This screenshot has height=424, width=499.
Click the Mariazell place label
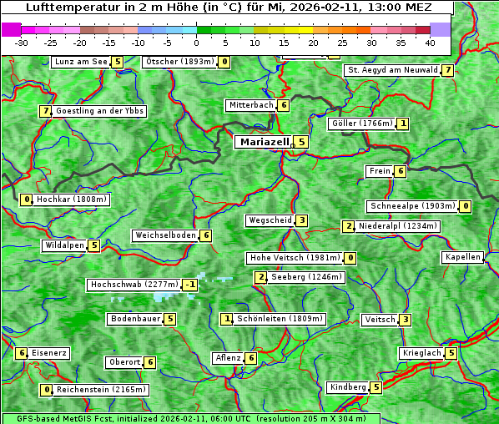[x=265, y=142]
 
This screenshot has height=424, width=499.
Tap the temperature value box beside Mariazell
[x=302, y=142]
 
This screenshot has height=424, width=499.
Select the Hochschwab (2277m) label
[x=134, y=285]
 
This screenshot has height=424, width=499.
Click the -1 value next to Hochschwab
[x=191, y=285]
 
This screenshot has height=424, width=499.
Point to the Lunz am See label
[x=81, y=62]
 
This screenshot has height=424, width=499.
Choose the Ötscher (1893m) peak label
[x=179, y=62]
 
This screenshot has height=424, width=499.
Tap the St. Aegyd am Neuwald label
[x=392, y=70]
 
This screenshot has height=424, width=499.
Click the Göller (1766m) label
[x=361, y=124]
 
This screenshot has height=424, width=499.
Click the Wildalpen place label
[x=64, y=245]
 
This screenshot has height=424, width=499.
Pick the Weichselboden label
[x=165, y=235]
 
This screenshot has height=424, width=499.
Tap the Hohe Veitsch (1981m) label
[x=295, y=258]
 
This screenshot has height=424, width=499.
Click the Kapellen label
[x=462, y=257]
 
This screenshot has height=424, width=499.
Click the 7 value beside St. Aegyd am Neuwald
[x=448, y=70]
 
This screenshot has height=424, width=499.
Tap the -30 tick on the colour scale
[x=22, y=43]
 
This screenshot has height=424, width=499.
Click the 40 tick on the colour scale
[x=430, y=43]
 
